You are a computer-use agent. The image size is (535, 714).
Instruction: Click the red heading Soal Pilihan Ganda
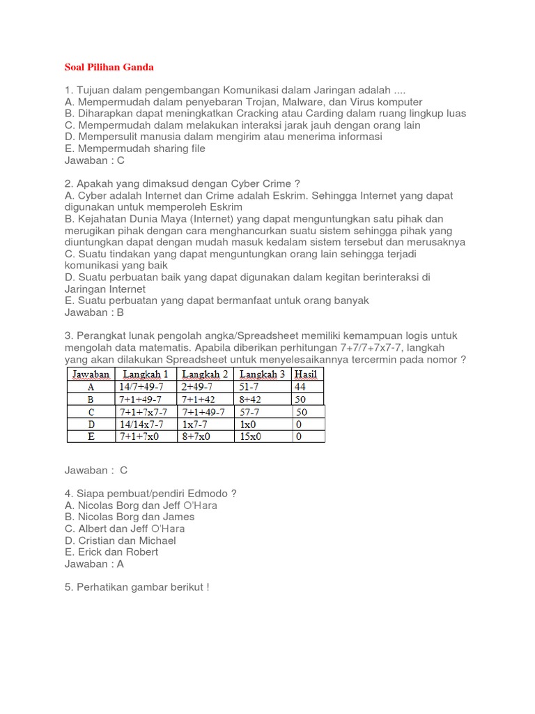109,67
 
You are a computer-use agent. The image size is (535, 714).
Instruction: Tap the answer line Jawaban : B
94,312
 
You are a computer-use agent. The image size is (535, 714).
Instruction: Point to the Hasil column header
306,374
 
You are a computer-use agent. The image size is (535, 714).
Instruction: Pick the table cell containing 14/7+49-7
141,386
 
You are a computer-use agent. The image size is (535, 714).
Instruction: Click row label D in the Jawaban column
90,424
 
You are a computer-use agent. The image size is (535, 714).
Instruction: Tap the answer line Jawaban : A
94,563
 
